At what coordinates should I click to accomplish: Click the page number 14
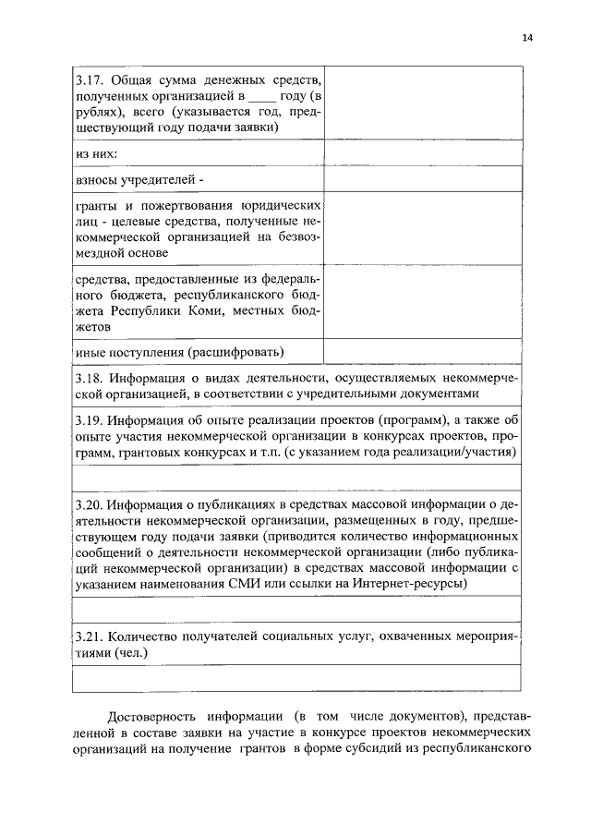tap(526, 38)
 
